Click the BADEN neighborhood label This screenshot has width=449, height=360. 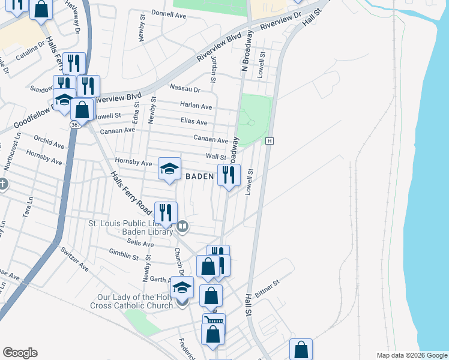click(199, 176)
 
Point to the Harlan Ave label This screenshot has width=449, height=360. click(196, 106)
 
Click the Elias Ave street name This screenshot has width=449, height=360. click(194, 122)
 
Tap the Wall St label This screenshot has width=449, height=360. click(215, 157)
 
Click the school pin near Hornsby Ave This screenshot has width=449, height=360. click(170, 168)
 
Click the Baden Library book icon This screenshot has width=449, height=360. click(182, 227)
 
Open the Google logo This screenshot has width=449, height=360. click(20, 353)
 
